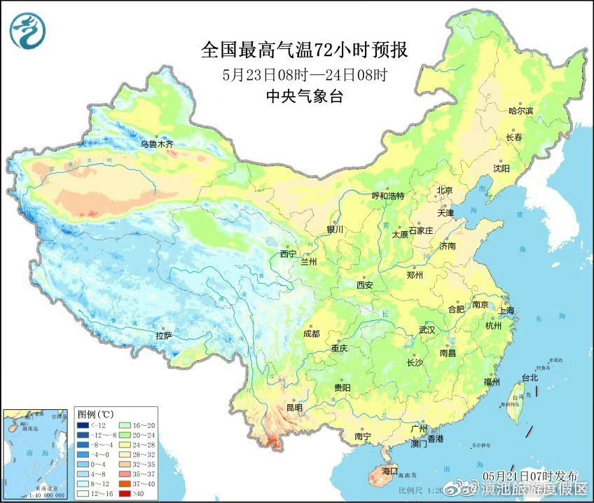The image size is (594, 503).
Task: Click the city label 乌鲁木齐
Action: tap(156, 144)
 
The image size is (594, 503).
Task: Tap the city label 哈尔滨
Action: tap(520, 111)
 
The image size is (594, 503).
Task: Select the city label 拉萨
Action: tap(163, 336)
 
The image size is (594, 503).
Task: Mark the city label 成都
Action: tap(312, 333)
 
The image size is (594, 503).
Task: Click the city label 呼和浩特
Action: tap(387, 196)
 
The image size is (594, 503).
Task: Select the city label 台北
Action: tap(530, 378)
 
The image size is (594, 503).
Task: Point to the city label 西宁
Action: tap(288, 254)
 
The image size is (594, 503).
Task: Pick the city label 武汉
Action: tap(427, 330)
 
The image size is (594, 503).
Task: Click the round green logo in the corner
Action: tap(27, 30)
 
